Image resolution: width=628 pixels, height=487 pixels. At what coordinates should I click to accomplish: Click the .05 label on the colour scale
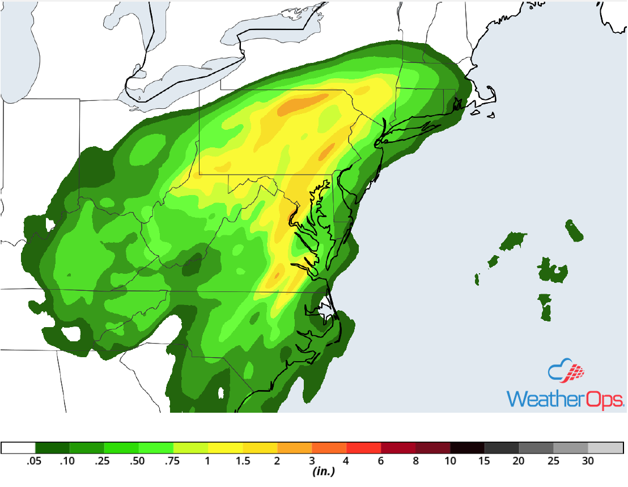[35, 461]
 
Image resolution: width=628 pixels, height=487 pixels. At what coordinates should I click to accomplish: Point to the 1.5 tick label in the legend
[242, 461]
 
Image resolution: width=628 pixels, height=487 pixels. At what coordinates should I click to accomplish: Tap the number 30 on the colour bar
[588, 461]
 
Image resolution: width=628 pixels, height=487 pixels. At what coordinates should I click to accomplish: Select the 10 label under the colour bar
[450, 461]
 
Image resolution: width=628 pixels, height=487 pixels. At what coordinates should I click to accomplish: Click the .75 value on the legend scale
[173, 461]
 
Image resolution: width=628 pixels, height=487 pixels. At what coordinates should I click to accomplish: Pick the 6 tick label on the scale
[381, 461]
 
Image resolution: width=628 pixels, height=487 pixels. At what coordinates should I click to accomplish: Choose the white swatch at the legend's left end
[18, 447]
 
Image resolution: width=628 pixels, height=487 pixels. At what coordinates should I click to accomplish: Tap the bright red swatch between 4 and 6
[363, 447]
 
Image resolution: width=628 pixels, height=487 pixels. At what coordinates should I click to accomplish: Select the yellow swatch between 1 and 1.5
[225, 447]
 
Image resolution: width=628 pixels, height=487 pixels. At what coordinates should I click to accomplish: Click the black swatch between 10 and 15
[467, 447]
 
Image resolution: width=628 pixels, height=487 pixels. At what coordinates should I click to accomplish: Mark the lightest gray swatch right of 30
[605, 447]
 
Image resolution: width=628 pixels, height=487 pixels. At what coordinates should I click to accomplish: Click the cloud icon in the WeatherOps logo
[566, 370]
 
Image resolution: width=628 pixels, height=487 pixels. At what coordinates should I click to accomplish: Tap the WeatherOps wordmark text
[565, 397]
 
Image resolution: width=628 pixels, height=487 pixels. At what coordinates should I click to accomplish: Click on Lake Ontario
[272, 26]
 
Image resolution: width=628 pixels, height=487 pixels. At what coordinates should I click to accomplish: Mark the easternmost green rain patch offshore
[574, 231]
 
